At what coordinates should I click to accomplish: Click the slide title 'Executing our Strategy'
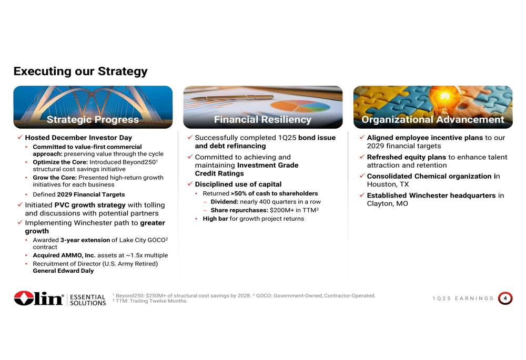(x=80, y=71)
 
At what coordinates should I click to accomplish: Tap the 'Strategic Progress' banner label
(x=93, y=119)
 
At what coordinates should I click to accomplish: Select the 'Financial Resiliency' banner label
(x=262, y=119)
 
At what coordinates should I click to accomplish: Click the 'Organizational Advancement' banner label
(x=433, y=119)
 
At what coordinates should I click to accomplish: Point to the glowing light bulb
(x=444, y=99)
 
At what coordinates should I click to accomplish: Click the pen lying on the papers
(x=232, y=98)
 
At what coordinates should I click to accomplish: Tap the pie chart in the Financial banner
(x=300, y=106)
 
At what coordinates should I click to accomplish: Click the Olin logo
(x=38, y=298)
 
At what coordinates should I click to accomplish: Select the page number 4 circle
(x=505, y=299)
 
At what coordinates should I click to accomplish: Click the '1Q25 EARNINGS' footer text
(x=463, y=299)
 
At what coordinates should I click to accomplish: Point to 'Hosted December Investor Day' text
(x=78, y=137)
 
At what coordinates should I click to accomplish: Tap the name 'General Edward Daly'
(x=63, y=271)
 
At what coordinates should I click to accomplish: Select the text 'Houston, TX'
(x=388, y=184)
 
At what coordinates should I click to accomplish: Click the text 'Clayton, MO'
(x=388, y=203)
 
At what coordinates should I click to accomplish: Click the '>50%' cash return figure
(x=238, y=193)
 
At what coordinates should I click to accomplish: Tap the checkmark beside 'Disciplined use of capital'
(x=190, y=184)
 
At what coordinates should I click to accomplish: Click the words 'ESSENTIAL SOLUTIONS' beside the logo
(x=88, y=300)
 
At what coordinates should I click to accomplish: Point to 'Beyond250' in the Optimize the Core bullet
(x=139, y=162)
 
